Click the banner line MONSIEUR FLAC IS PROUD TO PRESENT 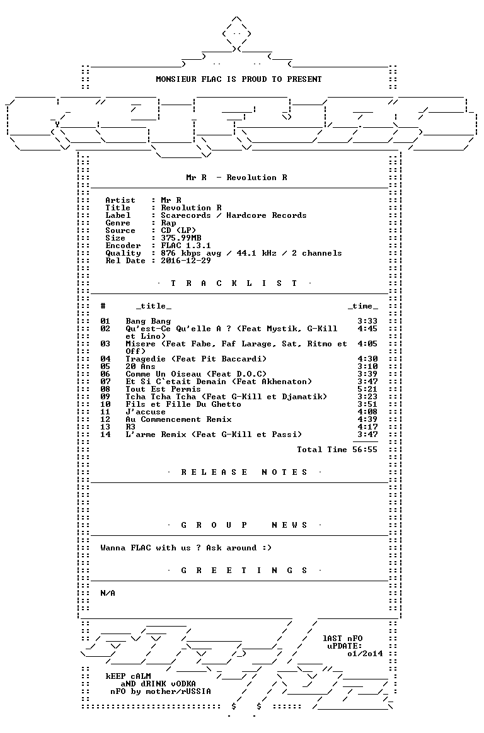click(238, 79)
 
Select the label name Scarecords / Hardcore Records click(233, 215)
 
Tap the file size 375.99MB click(181, 238)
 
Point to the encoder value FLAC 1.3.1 click(186, 246)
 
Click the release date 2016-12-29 click(186, 261)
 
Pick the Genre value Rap click(168, 223)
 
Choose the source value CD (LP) click(178, 230)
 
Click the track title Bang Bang click(148, 321)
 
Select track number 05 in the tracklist click(105, 366)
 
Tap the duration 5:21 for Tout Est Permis click(367, 389)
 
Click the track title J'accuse click(146, 412)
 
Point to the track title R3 click(130, 427)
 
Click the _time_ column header click(363, 306)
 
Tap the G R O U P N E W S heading click(244, 525)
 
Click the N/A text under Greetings click(108, 593)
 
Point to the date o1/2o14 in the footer click(365, 654)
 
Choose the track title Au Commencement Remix click(178, 419)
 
